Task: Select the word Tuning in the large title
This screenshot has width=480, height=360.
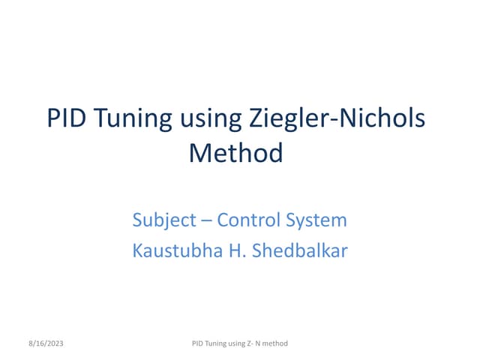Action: [x=139, y=118]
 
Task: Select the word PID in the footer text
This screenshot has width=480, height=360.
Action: [x=199, y=344]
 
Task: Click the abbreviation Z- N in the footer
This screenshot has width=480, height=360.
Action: [x=263, y=344]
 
